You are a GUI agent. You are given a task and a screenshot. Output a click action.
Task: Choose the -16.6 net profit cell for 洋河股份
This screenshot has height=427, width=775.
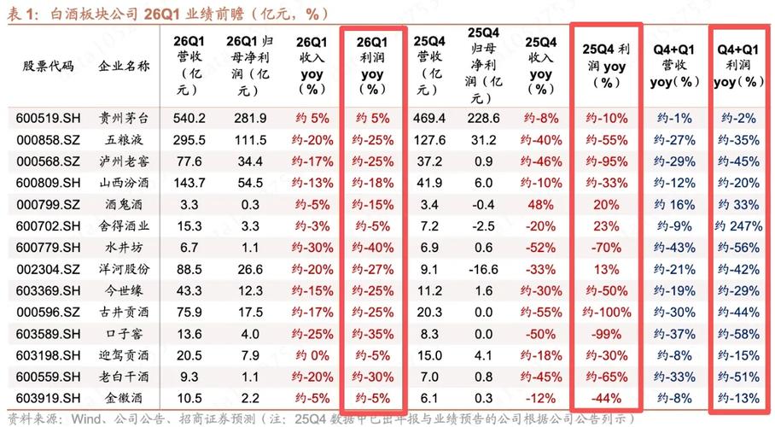coord(484,268)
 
